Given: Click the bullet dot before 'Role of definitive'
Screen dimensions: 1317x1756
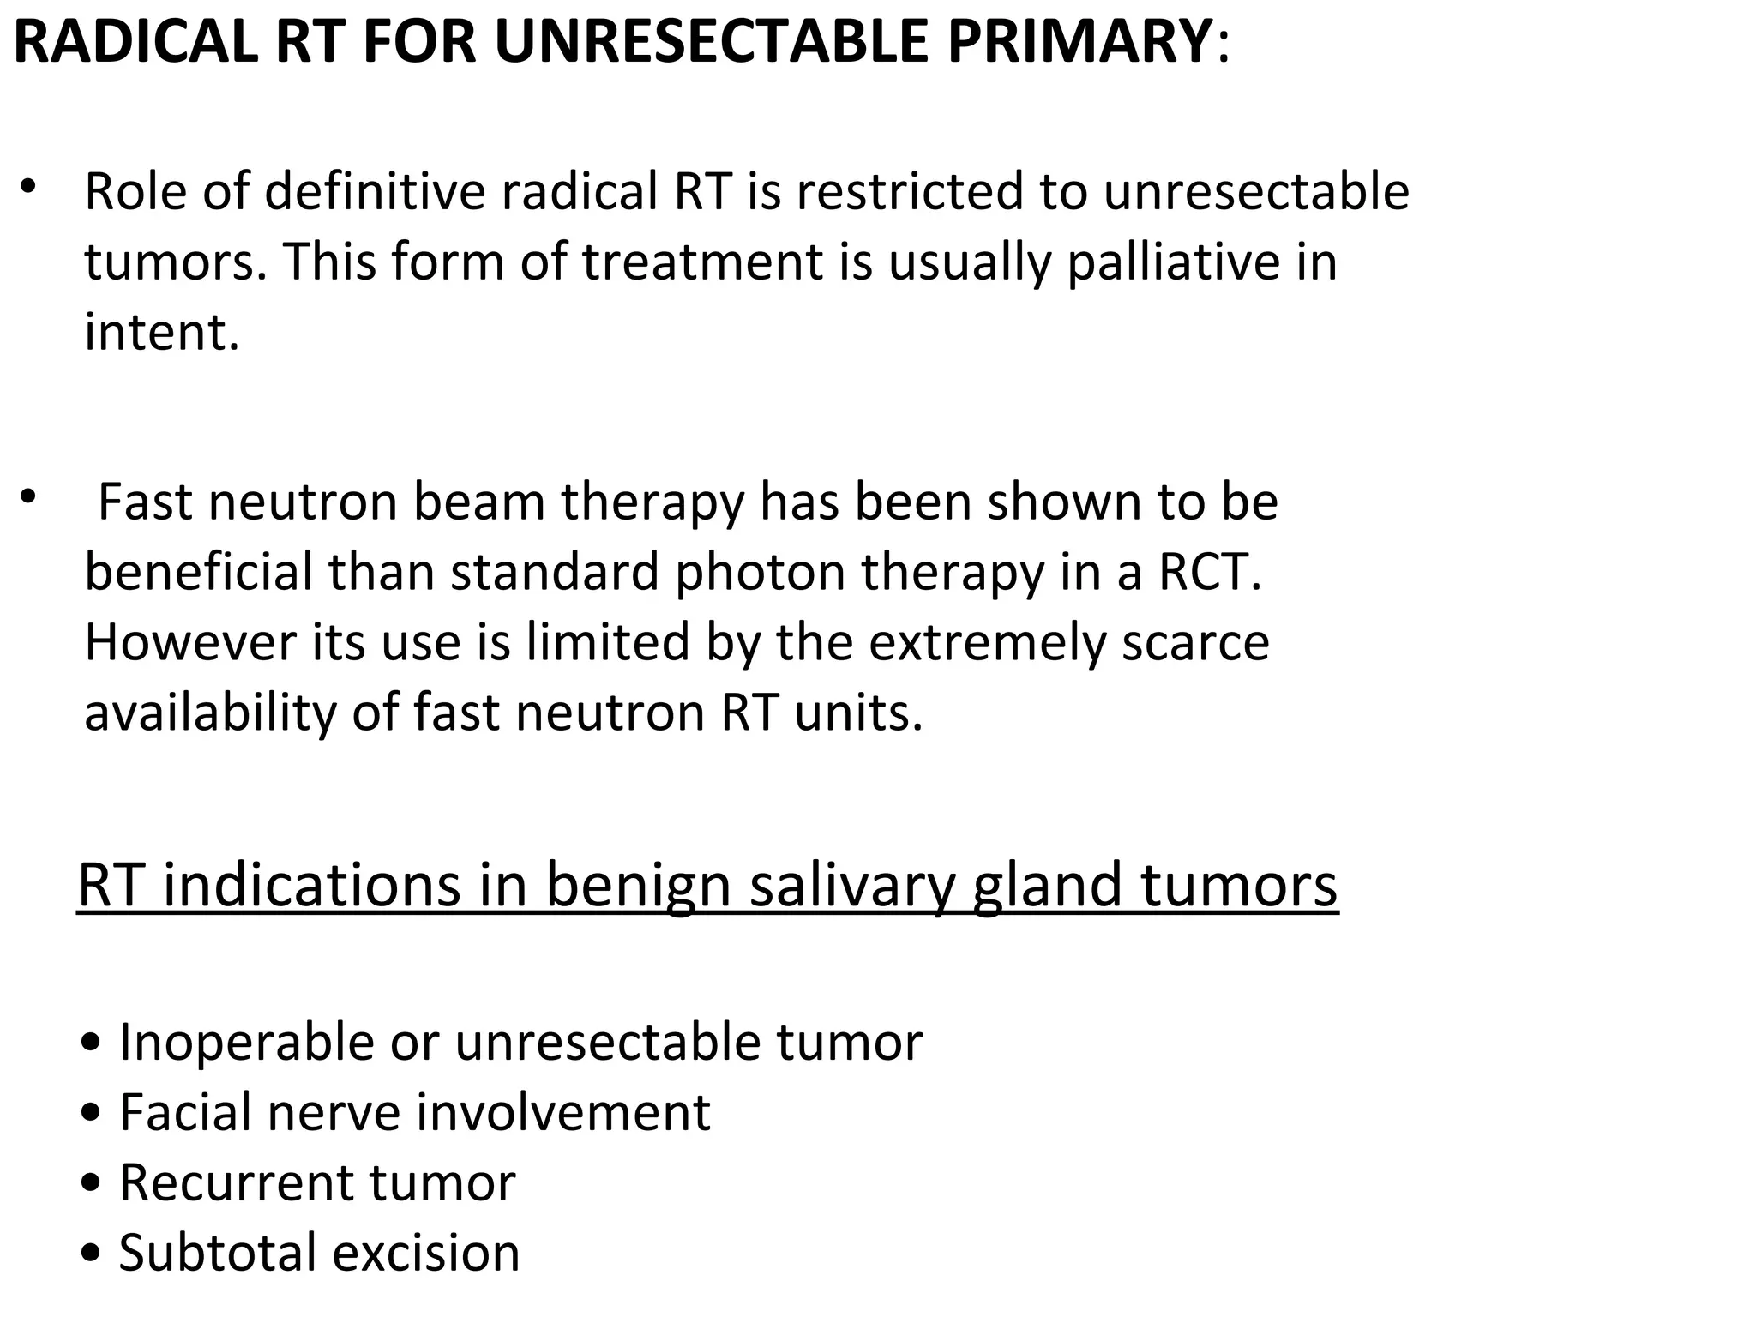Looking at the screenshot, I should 28,186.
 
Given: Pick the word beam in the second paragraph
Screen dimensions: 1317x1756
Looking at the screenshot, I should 479,502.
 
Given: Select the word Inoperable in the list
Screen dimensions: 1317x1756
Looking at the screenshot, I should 247,1043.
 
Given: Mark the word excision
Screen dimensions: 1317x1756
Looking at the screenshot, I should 426,1254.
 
